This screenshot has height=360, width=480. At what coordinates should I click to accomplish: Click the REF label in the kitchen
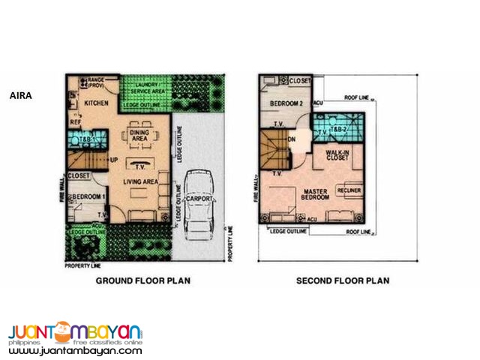pyautogui.click(x=75, y=120)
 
